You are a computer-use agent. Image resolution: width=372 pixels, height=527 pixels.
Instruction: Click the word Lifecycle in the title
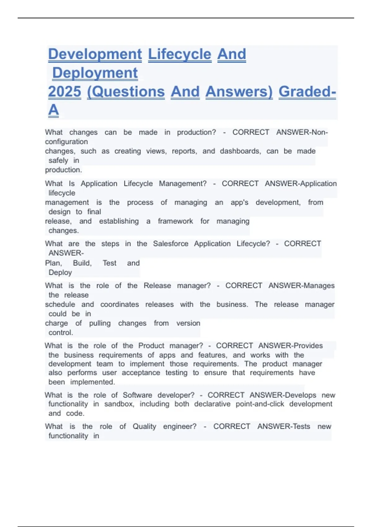click(179, 54)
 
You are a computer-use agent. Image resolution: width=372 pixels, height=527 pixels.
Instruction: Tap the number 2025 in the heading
click(64, 92)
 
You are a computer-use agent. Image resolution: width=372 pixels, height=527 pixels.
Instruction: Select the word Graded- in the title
click(307, 92)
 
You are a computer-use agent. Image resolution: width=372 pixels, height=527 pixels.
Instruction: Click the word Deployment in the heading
click(95, 73)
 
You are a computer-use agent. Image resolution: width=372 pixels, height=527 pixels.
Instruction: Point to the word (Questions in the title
click(126, 92)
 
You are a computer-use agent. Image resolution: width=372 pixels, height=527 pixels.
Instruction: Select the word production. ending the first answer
click(64, 170)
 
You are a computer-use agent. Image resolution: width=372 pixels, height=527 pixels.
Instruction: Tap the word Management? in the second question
click(183, 184)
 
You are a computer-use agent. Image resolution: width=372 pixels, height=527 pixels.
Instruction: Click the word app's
click(239, 202)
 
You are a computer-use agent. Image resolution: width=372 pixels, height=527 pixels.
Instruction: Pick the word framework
click(175, 221)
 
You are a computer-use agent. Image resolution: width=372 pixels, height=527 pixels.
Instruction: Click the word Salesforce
click(170, 244)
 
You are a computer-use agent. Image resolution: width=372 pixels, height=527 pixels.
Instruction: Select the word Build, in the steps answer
click(82, 263)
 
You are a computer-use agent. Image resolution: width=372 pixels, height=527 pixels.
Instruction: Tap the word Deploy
click(60, 272)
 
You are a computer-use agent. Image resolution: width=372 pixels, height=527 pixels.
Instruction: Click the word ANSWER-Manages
click(301, 286)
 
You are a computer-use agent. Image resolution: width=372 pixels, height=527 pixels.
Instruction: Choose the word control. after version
click(61, 333)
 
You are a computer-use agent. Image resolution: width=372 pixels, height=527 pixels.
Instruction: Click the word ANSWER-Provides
click(290, 346)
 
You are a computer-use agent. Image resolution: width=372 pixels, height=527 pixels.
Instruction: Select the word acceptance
click(141, 373)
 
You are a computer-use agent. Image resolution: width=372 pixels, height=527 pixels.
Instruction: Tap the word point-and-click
click(260, 404)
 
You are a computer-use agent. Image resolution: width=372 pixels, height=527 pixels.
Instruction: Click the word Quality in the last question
click(144, 427)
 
